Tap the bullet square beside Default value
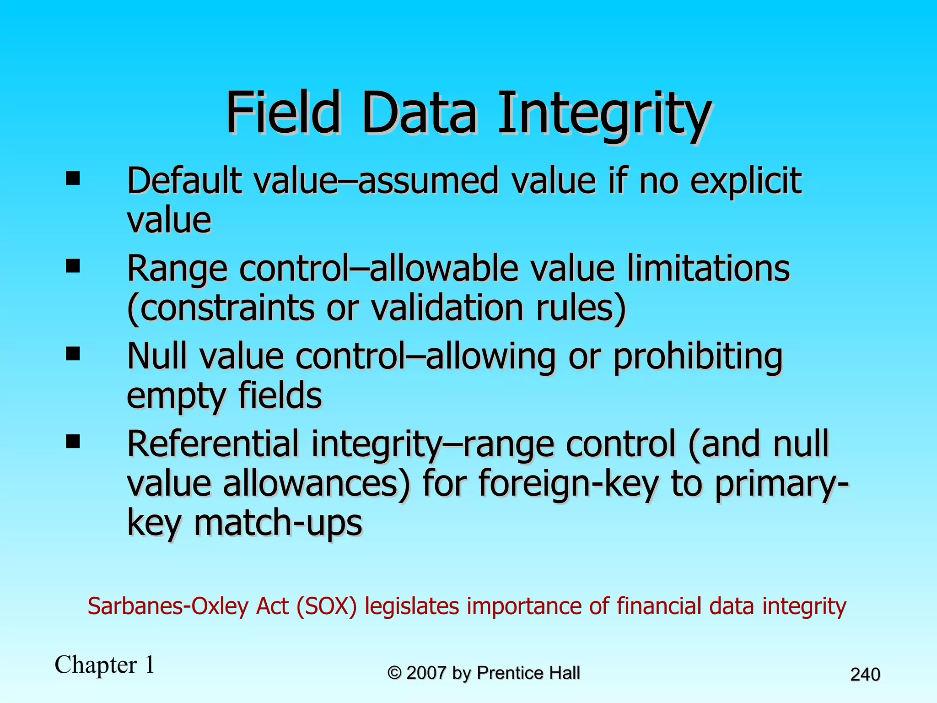[73, 178]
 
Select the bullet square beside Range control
[73, 266]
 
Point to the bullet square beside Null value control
[73, 354]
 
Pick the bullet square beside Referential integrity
[73, 442]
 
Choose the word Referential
[213, 444]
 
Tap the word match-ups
[278, 523]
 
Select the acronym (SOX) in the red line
[326, 606]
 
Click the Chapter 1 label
[104, 665]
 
